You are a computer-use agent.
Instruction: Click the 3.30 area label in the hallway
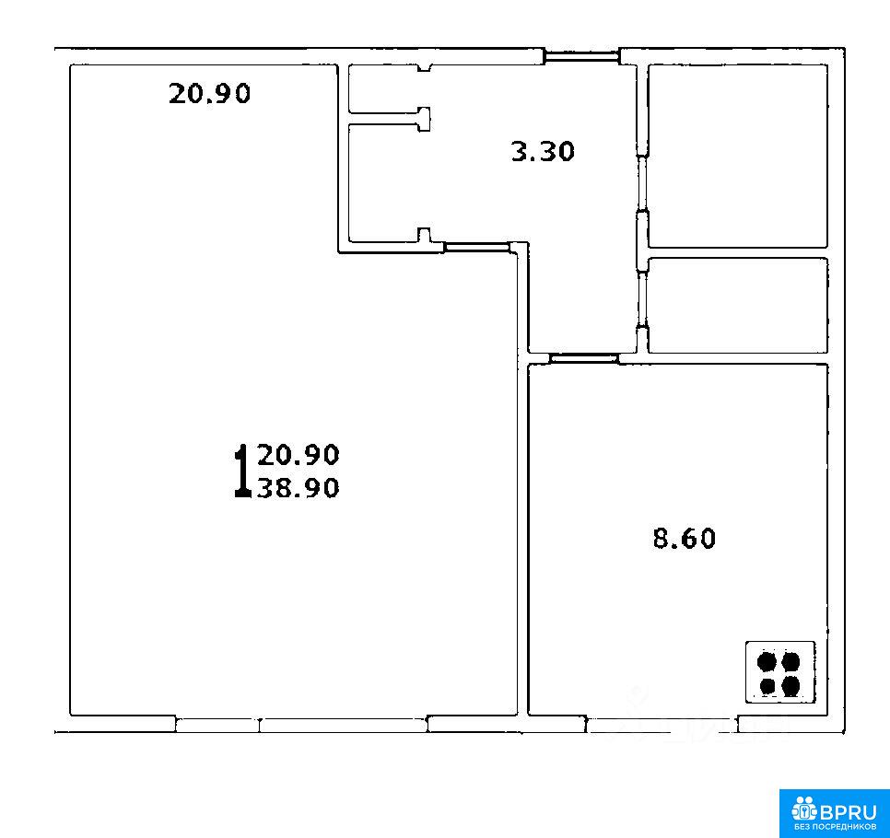pyautogui.click(x=543, y=152)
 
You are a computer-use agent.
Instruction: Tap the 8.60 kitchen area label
pyautogui.click(x=684, y=538)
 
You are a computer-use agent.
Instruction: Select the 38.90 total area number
pyautogui.click(x=299, y=487)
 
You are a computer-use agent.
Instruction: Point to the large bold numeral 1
pyautogui.click(x=242, y=471)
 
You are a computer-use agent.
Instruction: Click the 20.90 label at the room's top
pyautogui.click(x=209, y=93)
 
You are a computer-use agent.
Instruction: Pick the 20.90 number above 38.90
pyautogui.click(x=299, y=455)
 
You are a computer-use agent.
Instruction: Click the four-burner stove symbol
pyautogui.click(x=779, y=672)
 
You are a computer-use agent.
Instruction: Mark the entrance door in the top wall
pyautogui.click(x=581, y=56)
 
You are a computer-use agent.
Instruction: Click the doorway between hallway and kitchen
pyautogui.click(x=584, y=358)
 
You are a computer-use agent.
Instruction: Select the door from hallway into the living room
pyautogui.click(x=477, y=246)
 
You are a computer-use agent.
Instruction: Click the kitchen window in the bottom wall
pyautogui.click(x=662, y=725)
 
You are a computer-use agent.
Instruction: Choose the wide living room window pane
pyautogui.click(x=343, y=725)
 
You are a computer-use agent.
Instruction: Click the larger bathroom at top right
pyautogui.click(x=738, y=156)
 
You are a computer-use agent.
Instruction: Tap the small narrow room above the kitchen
pyautogui.click(x=738, y=305)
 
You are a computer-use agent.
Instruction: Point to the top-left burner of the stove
pyautogui.click(x=767, y=661)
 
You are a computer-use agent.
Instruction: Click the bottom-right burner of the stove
pyautogui.click(x=790, y=686)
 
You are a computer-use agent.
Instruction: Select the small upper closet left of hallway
pyautogui.click(x=383, y=89)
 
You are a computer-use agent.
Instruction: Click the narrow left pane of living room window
pyautogui.click(x=217, y=725)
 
